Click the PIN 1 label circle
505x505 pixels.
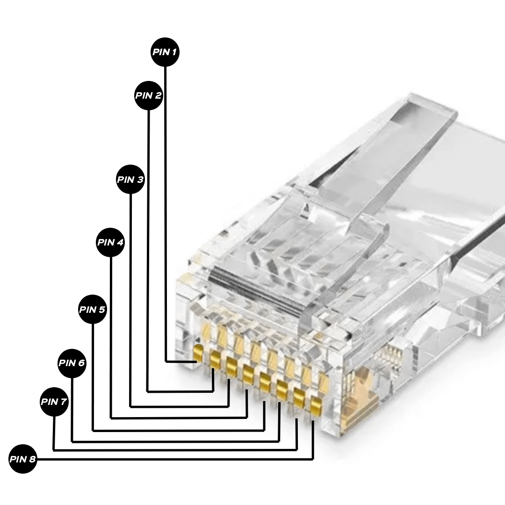[x=165, y=52]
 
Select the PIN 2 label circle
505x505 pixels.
[x=148, y=95]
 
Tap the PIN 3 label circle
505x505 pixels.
[x=130, y=179]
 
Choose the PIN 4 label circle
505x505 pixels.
[x=111, y=242]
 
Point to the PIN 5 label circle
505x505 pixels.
[x=93, y=310]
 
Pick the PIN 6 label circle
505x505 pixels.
[x=72, y=362]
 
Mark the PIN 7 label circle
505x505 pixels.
[x=54, y=402]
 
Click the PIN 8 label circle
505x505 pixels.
[x=23, y=459]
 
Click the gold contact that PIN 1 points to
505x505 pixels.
[x=198, y=353]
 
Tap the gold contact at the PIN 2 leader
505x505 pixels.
[x=215, y=360]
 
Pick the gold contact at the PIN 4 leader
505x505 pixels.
[x=248, y=373]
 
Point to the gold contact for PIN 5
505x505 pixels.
[x=265, y=381]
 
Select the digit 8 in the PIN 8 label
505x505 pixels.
[x=32, y=459]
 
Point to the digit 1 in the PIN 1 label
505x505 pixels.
[x=173, y=52]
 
